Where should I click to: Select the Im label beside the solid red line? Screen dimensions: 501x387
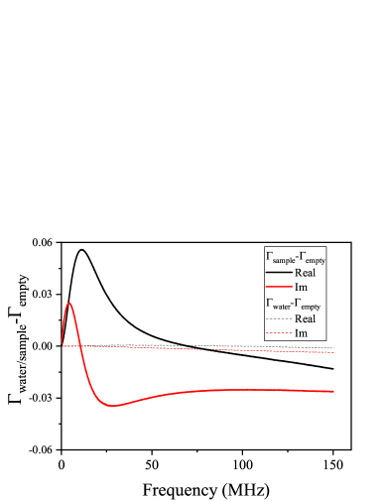(302, 288)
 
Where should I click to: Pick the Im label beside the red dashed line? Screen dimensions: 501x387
(302, 333)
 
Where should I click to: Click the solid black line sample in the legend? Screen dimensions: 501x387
(279, 273)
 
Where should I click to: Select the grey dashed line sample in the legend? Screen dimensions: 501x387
(279, 318)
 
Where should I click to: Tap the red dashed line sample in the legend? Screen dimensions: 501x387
(279, 333)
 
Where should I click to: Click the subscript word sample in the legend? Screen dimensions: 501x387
(283, 260)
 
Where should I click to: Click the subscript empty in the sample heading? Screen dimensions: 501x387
(316, 260)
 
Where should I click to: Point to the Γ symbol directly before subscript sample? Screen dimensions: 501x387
(269, 256)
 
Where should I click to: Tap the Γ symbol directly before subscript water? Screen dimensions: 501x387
(269, 302)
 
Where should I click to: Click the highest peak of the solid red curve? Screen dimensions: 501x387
(69, 303)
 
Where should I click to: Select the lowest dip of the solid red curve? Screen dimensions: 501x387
(113, 406)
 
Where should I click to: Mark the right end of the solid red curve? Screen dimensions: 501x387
(333, 391)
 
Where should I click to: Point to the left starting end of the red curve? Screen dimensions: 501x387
(62, 344)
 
